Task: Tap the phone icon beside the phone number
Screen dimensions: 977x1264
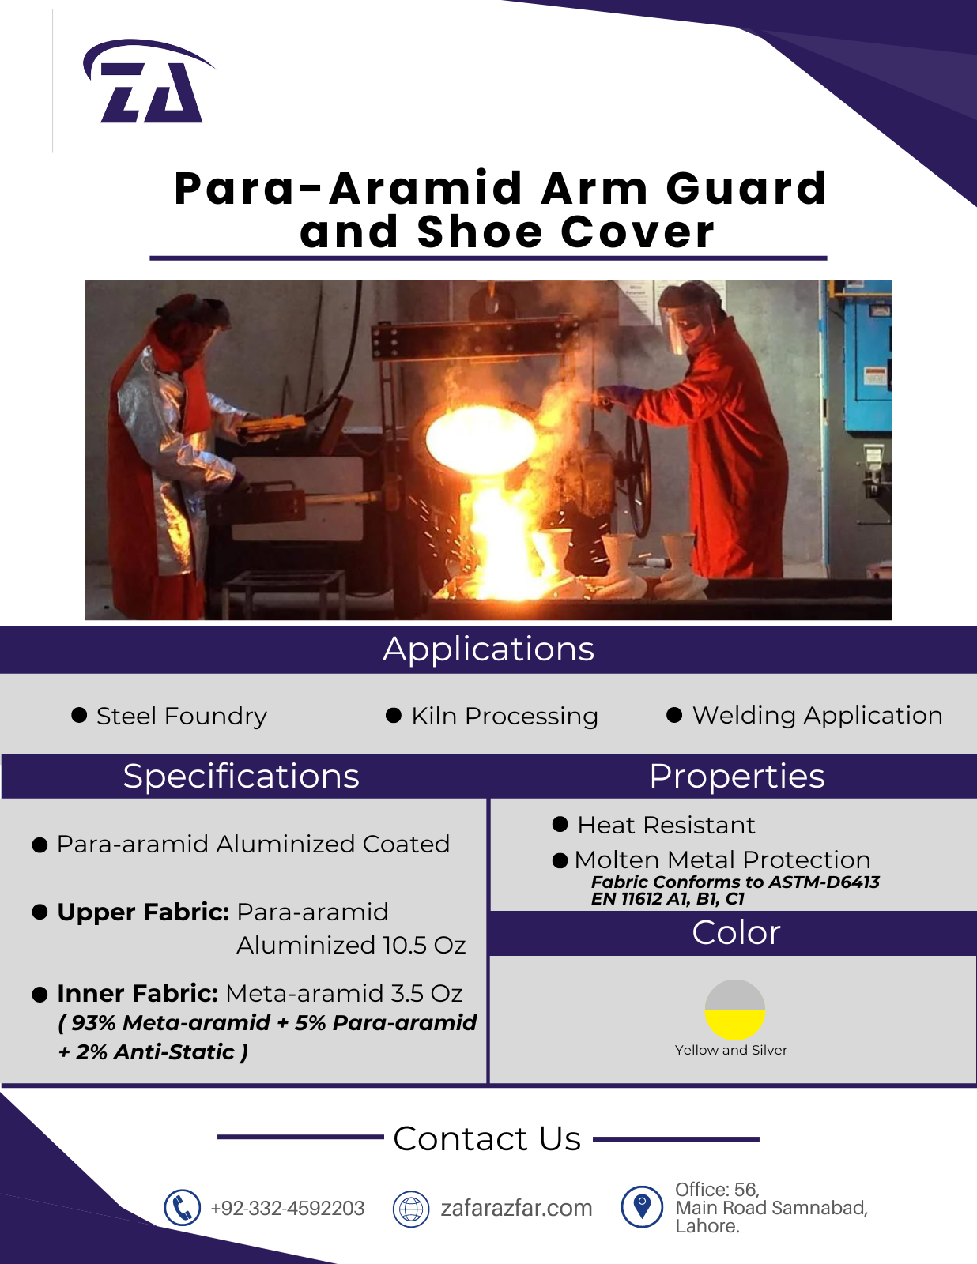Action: [182, 1208]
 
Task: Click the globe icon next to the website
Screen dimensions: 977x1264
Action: [411, 1208]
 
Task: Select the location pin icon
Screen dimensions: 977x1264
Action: [642, 1207]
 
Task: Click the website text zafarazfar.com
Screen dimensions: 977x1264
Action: [516, 1208]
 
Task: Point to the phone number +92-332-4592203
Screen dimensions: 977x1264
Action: [288, 1208]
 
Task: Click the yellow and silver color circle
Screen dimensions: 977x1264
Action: [734, 1010]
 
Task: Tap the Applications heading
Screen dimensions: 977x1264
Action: [488, 649]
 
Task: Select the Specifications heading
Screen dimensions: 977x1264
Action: [241, 776]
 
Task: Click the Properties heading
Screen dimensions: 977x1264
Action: [737, 776]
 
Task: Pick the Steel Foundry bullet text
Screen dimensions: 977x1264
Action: [182, 716]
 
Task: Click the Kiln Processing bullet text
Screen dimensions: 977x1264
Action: [504, 716]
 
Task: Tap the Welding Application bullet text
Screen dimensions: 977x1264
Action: [817, 716]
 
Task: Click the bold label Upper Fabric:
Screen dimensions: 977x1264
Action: [143, 912]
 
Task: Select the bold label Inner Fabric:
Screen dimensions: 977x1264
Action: [138, 994]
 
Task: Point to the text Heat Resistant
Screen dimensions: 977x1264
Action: [666, 825]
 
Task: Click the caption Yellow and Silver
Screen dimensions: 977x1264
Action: [731, 1050]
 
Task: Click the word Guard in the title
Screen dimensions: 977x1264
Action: [746, 189]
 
